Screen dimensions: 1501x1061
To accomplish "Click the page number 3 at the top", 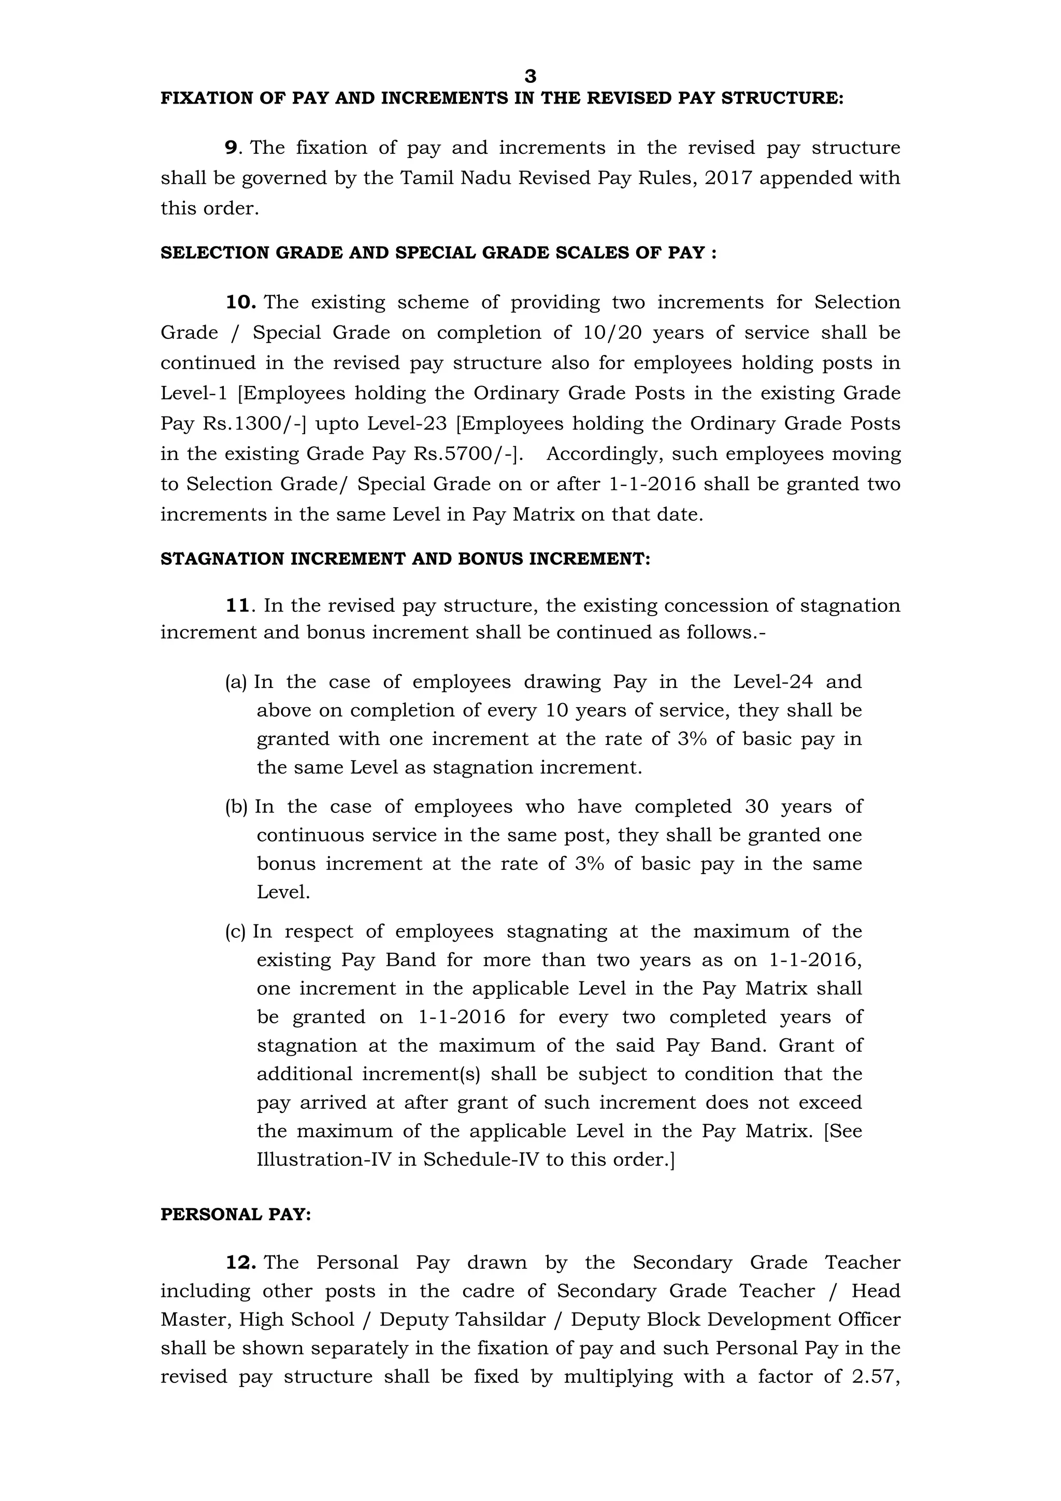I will (x=530, y=77).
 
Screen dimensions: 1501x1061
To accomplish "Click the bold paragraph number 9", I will (x=231, y=148).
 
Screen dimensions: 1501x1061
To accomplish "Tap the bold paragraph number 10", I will (x=240, y=302).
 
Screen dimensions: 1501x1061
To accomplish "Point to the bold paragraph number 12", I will (x=240, y=1262).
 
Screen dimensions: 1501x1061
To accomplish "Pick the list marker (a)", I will (x=236, y=682).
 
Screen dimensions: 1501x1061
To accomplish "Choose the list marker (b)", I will (x=236, y=807).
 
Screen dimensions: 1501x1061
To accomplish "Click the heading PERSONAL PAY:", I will (x=236, y=1214).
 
